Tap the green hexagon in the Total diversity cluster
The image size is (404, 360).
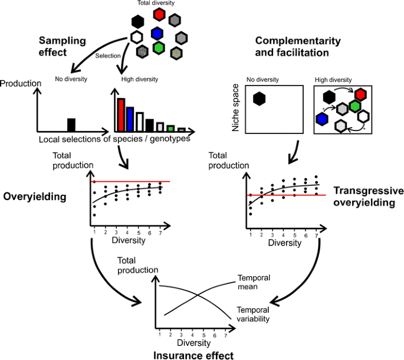click(158, 47)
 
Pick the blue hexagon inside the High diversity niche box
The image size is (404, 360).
click(321, 119)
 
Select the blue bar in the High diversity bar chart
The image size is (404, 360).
click(130, 119)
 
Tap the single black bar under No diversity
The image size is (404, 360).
click(71, 125)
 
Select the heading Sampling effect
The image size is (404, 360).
click(63, 46)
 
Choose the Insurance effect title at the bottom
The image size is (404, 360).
click(193, 355)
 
